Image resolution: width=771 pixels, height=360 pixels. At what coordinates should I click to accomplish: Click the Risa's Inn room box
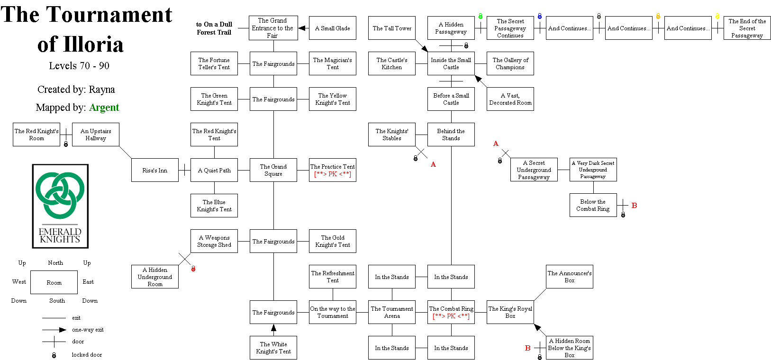[155, 170]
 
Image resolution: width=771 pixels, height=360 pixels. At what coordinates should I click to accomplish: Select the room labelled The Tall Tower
[392, 28]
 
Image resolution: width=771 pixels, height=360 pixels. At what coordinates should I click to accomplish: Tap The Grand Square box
[273, 170]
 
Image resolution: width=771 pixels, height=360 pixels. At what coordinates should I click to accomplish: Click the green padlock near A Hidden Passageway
[481, 17]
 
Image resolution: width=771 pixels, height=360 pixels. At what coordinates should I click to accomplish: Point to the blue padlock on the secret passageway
[540, 17]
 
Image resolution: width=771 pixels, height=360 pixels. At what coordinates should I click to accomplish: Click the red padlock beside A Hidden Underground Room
[193, 269]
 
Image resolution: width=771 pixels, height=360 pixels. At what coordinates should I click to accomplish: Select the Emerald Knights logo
[60, 206]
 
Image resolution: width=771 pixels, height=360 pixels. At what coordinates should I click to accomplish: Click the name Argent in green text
[104, 108]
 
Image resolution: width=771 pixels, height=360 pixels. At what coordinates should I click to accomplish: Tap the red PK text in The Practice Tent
[333, 174]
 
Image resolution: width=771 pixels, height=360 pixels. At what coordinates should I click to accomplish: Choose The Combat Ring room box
[451, 312]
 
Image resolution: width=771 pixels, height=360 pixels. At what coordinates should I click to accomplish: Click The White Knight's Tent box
[273, 348]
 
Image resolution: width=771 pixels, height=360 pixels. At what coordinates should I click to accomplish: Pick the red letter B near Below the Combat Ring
[634, 206]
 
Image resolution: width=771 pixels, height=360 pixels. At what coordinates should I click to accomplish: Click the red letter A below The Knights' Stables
[433, 164]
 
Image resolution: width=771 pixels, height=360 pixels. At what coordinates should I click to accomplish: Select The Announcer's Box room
[570, 277]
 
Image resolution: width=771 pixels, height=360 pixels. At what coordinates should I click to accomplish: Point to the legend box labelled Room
[54, 282]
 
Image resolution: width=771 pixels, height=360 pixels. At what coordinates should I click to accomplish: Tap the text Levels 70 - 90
[79, 66]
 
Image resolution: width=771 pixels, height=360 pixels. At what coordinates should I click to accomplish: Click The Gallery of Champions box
[510, 63]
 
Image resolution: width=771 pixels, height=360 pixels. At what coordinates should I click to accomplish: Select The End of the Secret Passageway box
[747, 28]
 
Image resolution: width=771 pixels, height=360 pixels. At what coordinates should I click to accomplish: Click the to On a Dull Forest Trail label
[214, 28]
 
